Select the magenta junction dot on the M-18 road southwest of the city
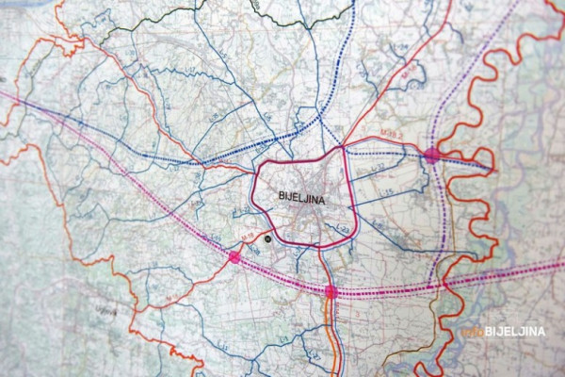[234, 256]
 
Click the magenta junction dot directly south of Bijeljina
[331, 292]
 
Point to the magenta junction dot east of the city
[432, 155]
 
